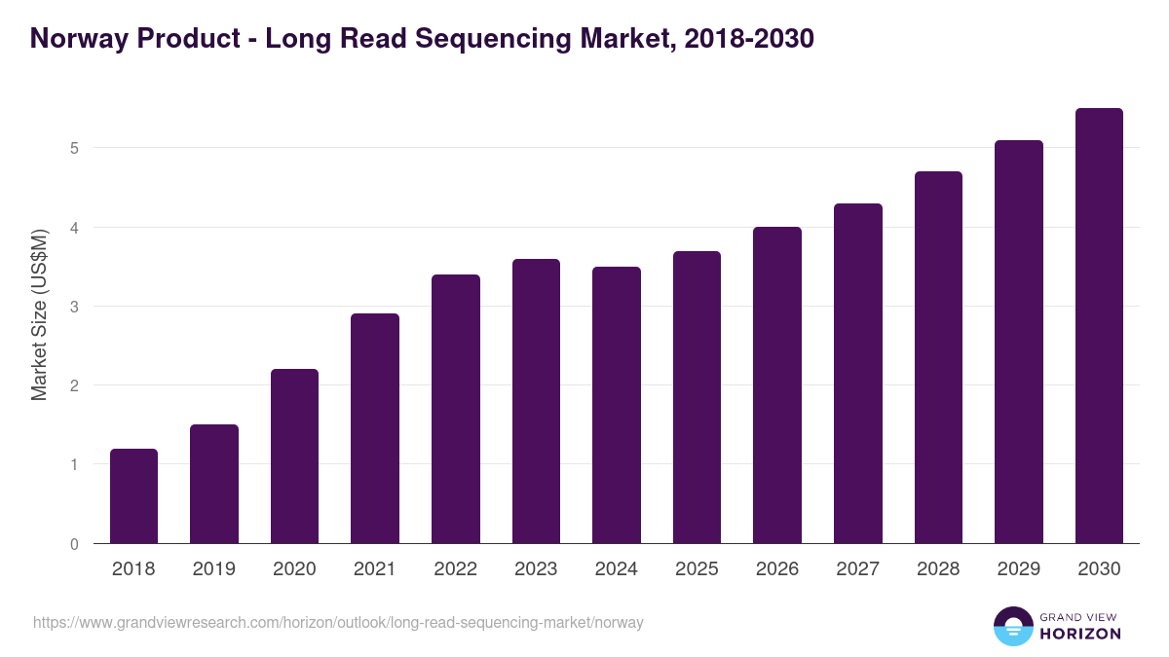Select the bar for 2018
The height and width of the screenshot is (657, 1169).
pyautogui.click(x=133, y=496)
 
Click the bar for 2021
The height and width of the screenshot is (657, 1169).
pyautogui.click(x=375, y=428)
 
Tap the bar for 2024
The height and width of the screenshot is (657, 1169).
pyautogui.click(x=617, y=405)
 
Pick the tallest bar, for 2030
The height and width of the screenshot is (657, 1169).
pyautogui.click(x=1099, y=326)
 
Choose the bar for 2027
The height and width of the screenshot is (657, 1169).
pyautogui.click(x=858, y=374)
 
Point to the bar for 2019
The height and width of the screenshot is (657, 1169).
pyautogui.click(x=214, y=484)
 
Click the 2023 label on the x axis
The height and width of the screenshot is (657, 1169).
pyautogui.click(x=536, y=569)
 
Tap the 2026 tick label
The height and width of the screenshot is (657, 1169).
pyautogui.click(x=777, y=569)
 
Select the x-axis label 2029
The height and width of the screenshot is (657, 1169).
pyautogui.click(x=1018, y=569)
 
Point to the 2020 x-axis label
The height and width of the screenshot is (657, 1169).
pyautogui.click(x=294, y=569)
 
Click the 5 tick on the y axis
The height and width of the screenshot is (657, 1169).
pyautogui.click(x=73, y=149)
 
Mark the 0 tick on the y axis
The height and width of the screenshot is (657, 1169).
pyautogui.click(x=73, y=544)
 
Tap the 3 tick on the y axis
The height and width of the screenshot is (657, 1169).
pyautogui.click(x=73, y=307)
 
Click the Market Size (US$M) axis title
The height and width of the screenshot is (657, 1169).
pyautogui.click(x=39, y=313)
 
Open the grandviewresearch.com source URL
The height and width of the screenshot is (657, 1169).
pyautogui.click(x=338, y=622)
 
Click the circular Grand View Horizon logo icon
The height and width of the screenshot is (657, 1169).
pyautogui.click(x=1012, y=626)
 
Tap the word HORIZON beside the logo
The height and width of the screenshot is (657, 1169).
pyautogui.click(x=1080, y=634)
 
